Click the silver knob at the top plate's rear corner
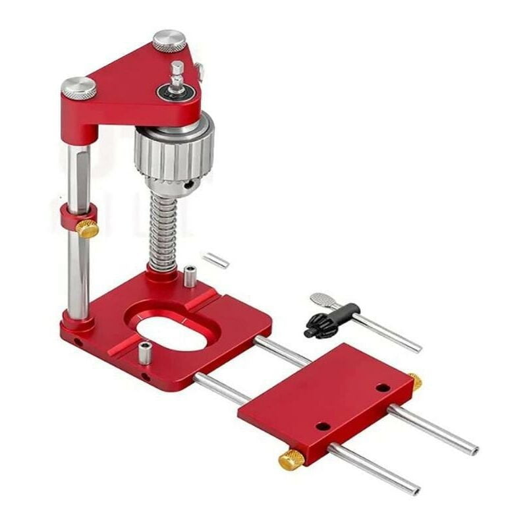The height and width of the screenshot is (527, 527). click(x=169, y=40)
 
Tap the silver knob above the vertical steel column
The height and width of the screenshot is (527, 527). click(x=79, y=88)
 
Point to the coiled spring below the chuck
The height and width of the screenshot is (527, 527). click(x=161, y=231)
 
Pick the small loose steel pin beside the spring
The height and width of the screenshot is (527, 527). click(x=215, y=260)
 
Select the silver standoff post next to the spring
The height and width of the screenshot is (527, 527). click(x=190, y=275)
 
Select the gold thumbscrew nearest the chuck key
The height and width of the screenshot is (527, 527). click(x=415, y=381)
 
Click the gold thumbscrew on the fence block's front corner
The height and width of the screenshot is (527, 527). click(x=291, y=460)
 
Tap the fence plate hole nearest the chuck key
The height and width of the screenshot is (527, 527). click(x=383, y=387)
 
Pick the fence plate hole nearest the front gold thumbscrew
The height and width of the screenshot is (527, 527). click(x=322, y=426)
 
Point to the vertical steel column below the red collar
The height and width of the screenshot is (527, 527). click(x=78, y=277)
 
